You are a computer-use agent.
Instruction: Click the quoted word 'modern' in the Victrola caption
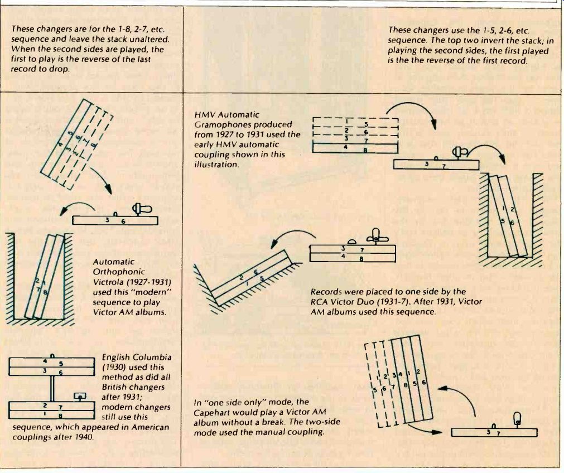pos(146,291)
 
